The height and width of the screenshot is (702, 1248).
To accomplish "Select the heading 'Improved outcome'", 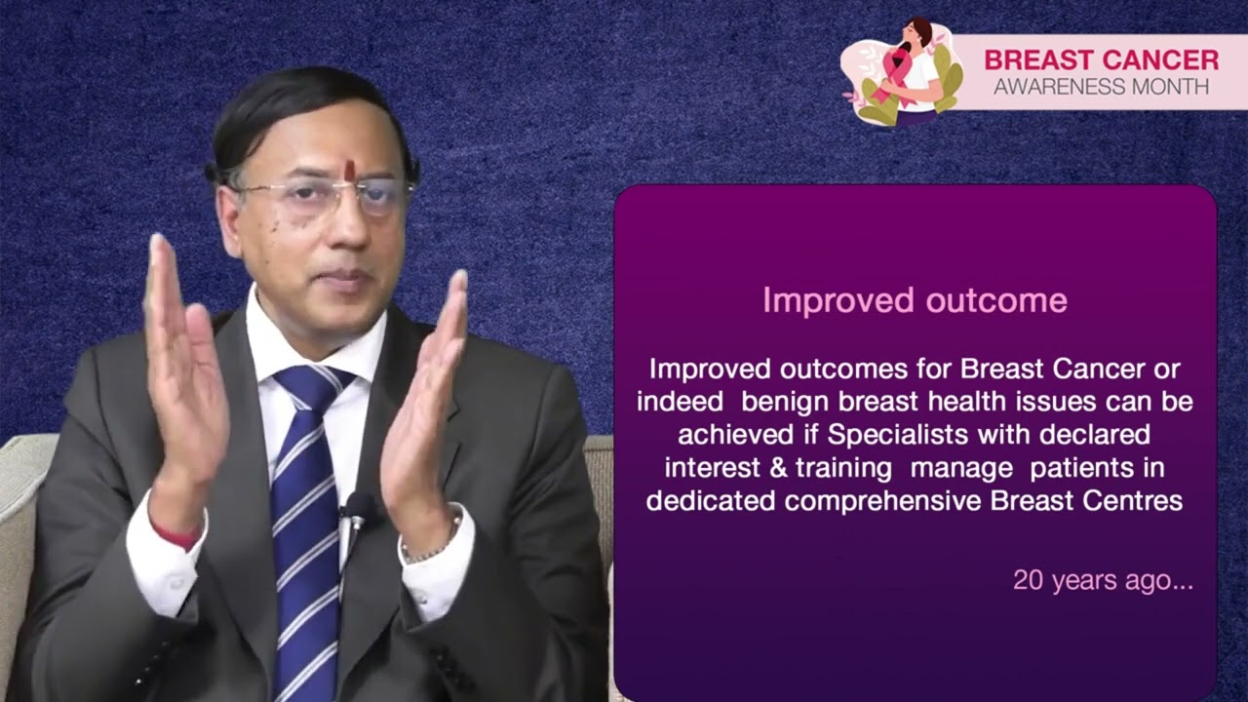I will point(915,300).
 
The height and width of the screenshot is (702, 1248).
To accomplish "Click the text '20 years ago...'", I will point(1103,581).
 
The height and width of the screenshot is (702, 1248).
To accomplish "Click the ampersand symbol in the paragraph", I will point(778,468).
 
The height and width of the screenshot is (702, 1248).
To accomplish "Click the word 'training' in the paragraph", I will point(843,468).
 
